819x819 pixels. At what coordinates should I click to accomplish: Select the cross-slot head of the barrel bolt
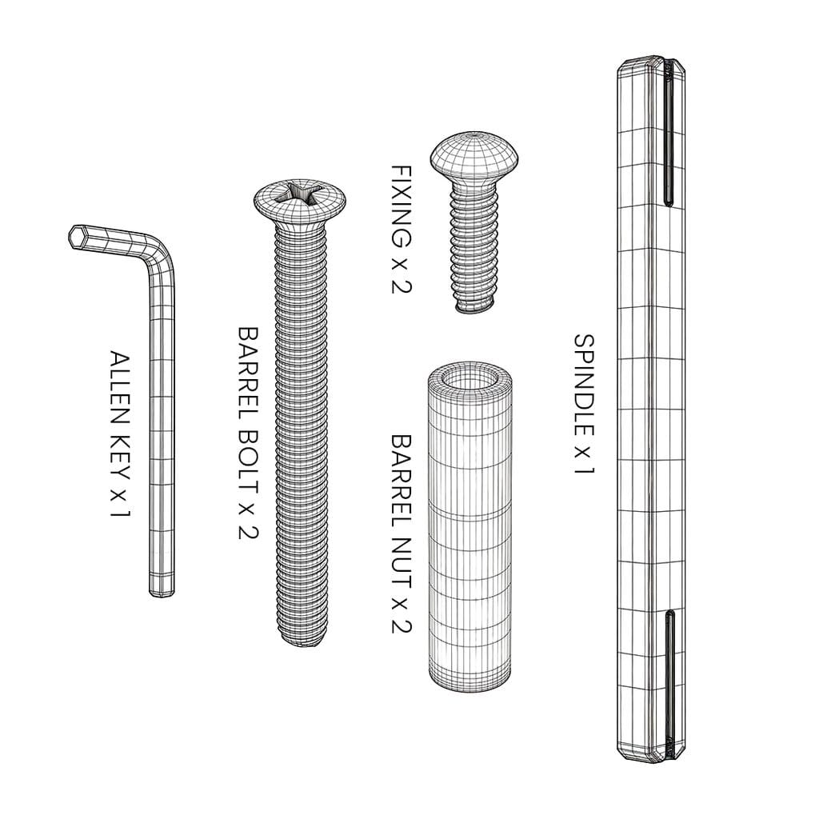click(x=301, y=201)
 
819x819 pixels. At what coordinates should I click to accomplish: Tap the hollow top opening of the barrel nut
click(x=469, y=378)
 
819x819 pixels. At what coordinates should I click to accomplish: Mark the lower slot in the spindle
click(x=669, y=679)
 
